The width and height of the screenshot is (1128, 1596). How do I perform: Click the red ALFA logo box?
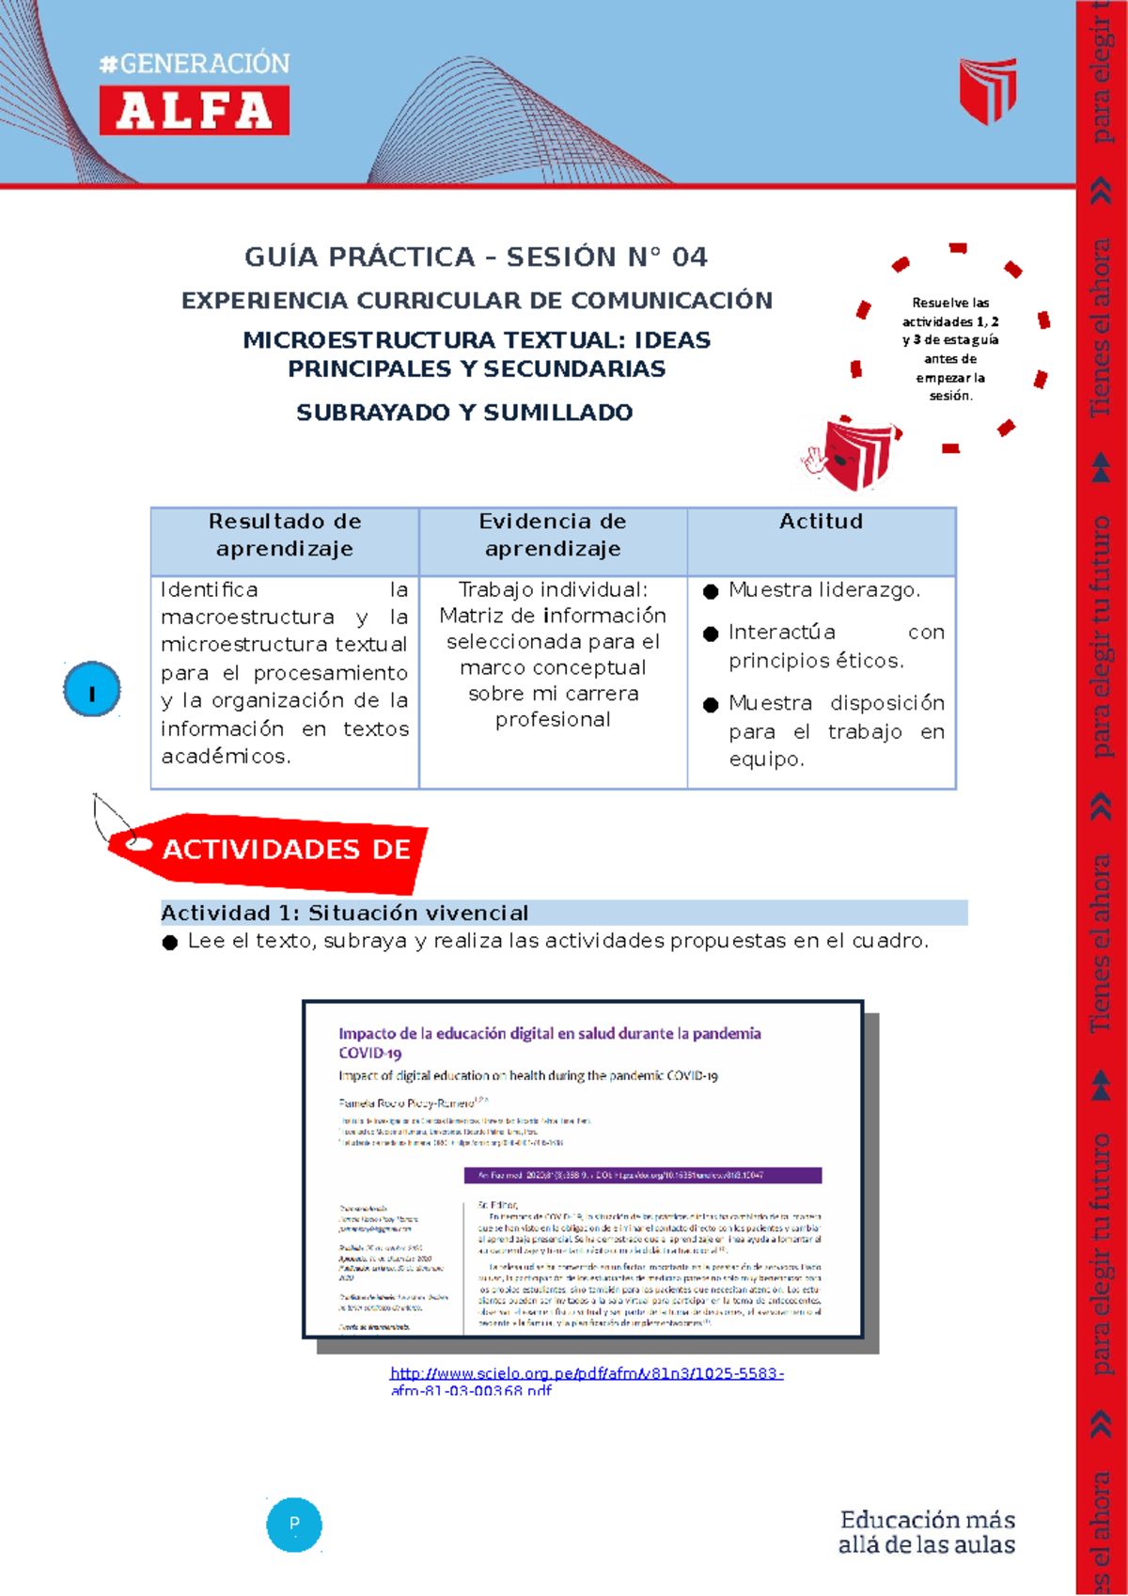point(195,111)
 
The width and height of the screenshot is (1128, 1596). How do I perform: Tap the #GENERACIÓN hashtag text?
point(195,64)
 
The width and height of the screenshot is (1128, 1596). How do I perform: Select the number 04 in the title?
point(689,258)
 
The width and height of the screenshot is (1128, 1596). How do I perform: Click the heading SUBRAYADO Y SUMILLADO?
point(464,413)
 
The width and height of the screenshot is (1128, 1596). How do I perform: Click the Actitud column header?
point(821,522)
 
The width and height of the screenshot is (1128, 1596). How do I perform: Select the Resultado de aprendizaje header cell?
point(285,535)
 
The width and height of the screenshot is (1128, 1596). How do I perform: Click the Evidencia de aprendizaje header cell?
point(553,535)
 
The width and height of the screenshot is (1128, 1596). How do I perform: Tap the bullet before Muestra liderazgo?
point(711,591)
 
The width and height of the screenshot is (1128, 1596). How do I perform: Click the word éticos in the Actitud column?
point(869,661)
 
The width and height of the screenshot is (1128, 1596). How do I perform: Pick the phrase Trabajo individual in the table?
point(553,589)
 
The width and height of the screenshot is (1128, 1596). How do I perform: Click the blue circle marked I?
point(92,690)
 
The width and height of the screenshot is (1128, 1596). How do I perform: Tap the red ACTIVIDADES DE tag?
point(282,851)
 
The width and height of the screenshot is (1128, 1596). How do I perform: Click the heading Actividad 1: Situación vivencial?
point(344,913)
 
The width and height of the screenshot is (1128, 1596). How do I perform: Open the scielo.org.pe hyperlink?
point(586,1374)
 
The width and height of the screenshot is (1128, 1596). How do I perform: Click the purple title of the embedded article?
point(549,1034)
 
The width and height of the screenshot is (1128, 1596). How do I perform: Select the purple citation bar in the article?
point(643,1175)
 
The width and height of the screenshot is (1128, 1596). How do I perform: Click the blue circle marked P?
point(294,1524)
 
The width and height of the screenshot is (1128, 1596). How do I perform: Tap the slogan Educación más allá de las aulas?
point(926,1532)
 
